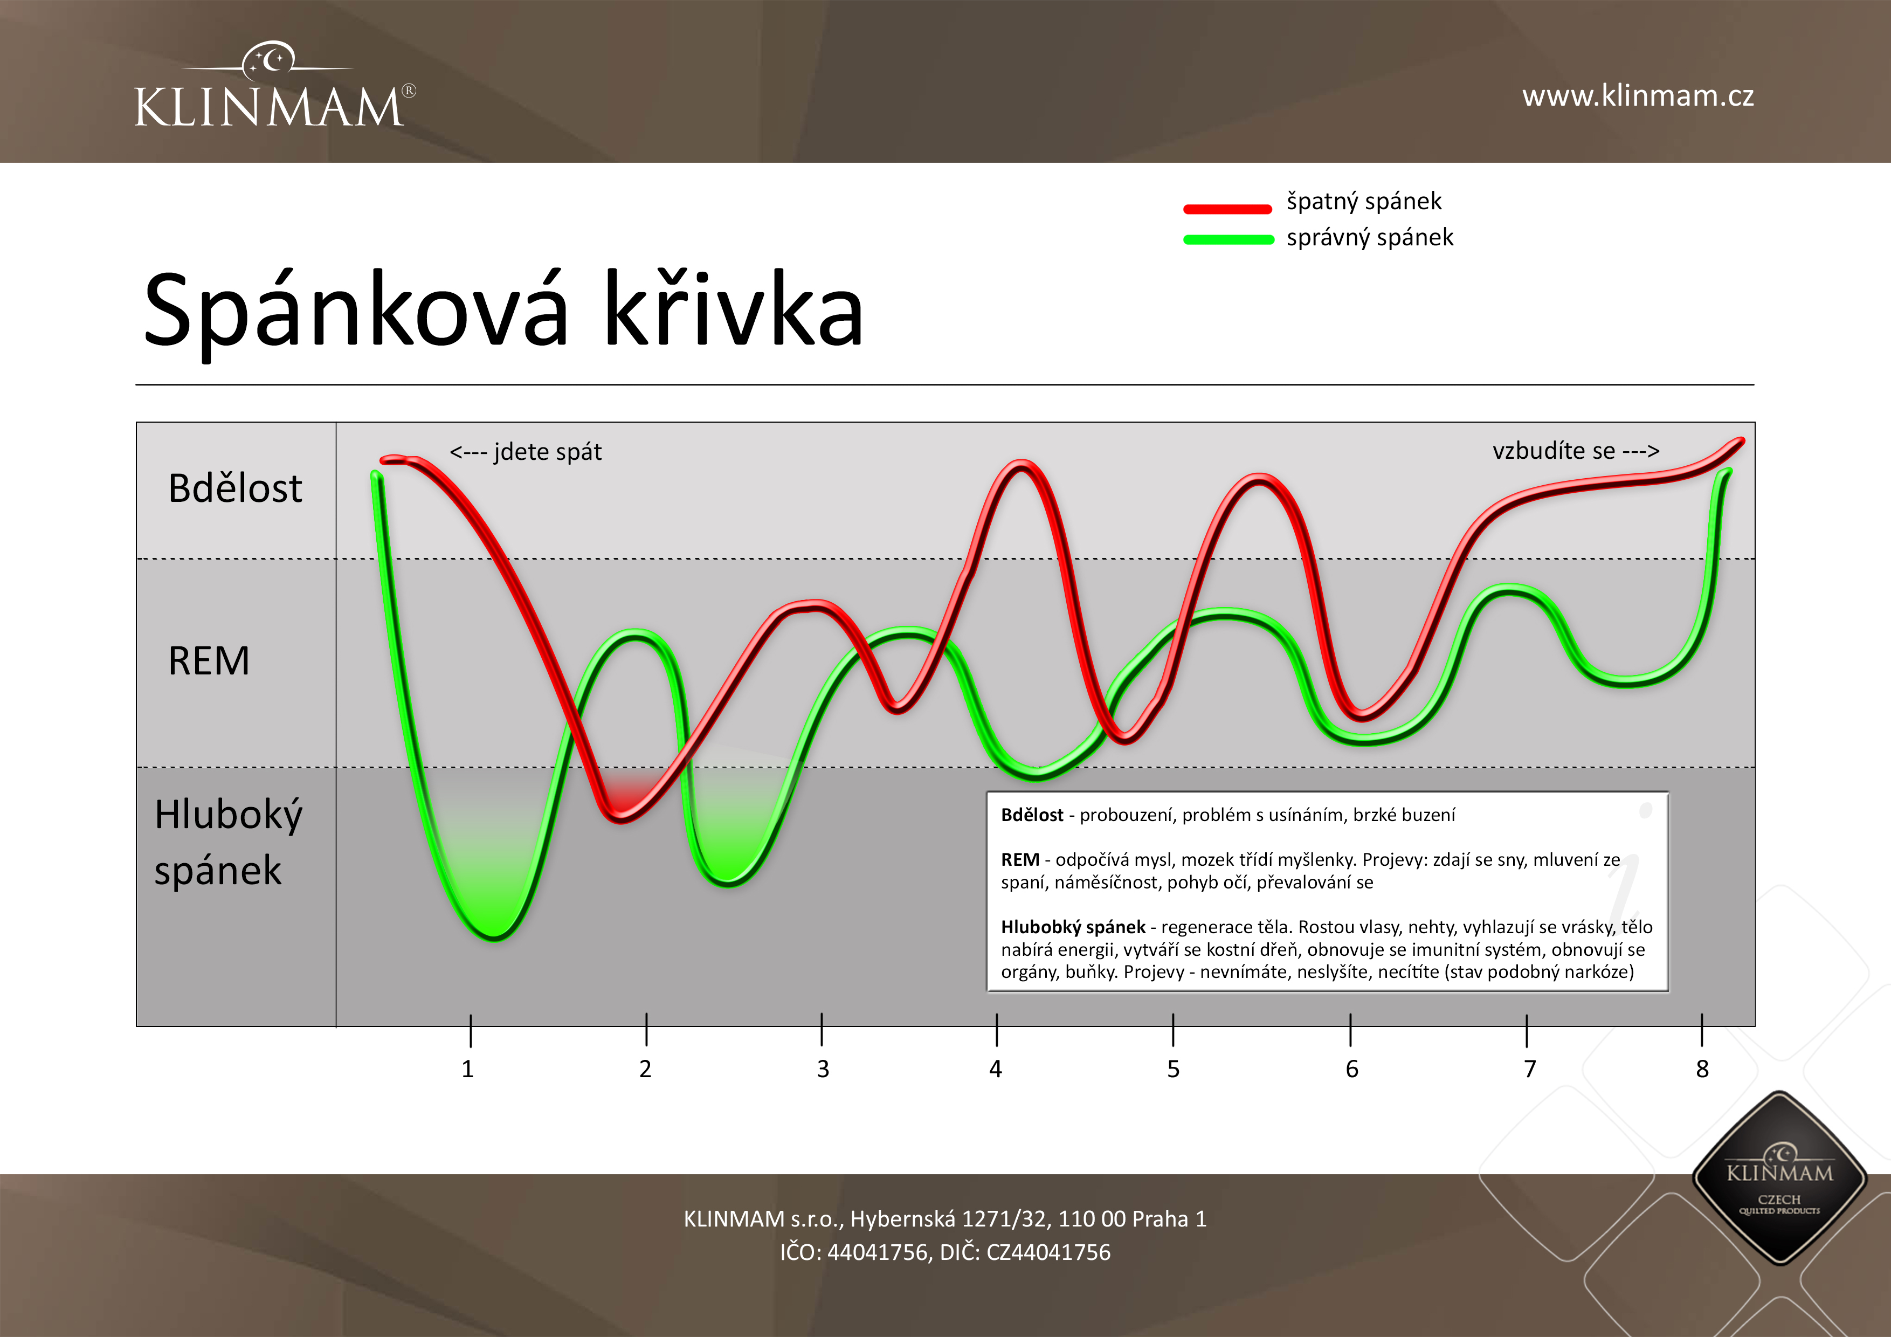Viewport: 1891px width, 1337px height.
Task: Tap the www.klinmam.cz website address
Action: (x=1637, y=97)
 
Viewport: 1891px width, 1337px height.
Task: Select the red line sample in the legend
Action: (x=1227, y=209)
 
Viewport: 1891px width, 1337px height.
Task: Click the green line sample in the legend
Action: (x=1228, y=240)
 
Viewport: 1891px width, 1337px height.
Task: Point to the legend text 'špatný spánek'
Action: (x=1364, y=202)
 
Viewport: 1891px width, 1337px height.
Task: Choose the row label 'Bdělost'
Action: (x=234, y=488)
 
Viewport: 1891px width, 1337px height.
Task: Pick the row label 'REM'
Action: (x=209, y=660)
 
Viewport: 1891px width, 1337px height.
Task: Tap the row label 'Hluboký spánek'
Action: (x=227, y=842)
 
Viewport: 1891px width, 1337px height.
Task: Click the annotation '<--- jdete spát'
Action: (x=526, y=452)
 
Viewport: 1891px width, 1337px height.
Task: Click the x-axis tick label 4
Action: (x=996, y=1069)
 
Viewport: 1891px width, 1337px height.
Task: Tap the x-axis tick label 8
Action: (x=1702, y=1069)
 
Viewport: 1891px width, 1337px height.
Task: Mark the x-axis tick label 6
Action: (x=1351, y=1069)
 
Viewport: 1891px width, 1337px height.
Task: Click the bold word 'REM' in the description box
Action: (x=1020, y=860)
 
